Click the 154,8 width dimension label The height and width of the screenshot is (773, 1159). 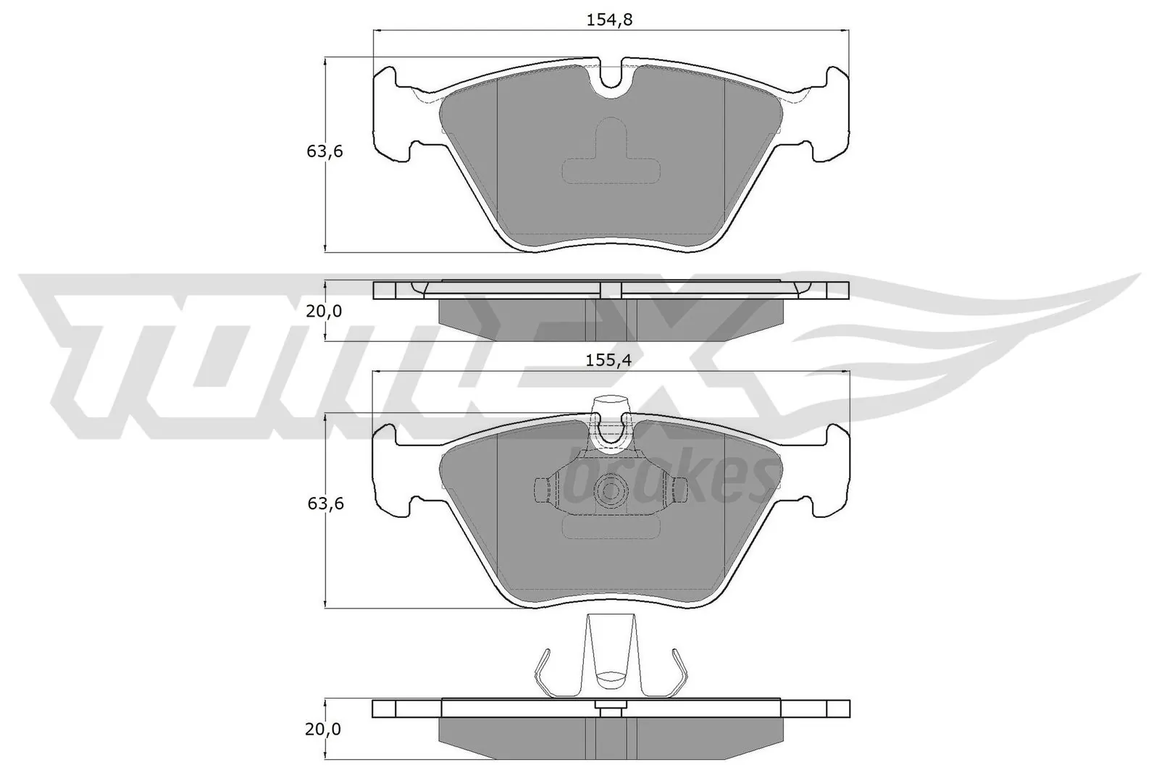coord(608,20)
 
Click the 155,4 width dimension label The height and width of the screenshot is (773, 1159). coord(608,360)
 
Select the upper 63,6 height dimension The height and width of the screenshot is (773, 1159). coord(324,151)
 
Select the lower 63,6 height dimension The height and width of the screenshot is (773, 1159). coord(324,504)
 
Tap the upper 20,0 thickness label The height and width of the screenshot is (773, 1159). coord(324,312)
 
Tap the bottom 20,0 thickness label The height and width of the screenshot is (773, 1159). coord(322,730)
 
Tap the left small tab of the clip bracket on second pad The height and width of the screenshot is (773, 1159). coord(539,491)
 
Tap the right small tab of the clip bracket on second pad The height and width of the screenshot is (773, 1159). coord(679,491)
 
